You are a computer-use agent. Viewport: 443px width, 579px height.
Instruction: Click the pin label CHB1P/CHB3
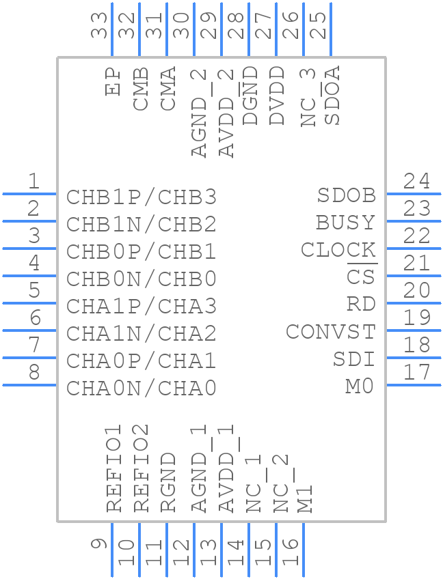click(x=142, y=197)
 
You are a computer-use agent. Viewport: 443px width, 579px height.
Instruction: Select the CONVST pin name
click(x=331, y=332)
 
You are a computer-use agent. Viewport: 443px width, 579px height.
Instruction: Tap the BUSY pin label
click(x=345, y=223)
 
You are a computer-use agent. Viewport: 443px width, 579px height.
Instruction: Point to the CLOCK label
click(x=338, y=250)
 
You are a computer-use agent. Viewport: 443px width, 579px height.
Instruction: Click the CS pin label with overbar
click(x=361, y=277)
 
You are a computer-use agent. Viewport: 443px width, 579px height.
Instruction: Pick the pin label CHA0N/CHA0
click(x=142, y=389)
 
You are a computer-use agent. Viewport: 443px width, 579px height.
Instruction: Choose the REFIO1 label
click(x=113, y=468)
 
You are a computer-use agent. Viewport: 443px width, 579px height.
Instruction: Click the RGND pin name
click(x=168, y=482)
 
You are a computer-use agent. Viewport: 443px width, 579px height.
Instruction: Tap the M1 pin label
click(x=305, y=498)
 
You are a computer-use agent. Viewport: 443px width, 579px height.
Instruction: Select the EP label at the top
click(x=113, y=81)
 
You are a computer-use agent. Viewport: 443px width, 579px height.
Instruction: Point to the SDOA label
click(x=332, y=96)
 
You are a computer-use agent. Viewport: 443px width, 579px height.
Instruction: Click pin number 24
click(x=416, y=182)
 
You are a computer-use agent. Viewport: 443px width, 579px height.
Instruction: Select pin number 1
click(x=33, y=182)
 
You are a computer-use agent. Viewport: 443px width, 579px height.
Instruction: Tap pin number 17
click(x=416, y=373)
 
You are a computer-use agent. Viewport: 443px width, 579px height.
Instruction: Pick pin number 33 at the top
click(x=100, y=25)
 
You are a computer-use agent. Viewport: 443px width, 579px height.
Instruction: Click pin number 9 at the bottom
click(x=100, y=544)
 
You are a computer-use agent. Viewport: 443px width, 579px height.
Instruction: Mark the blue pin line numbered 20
click(x=414, y=303)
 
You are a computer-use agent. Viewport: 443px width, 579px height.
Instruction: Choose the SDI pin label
click(x=354, y=359)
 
